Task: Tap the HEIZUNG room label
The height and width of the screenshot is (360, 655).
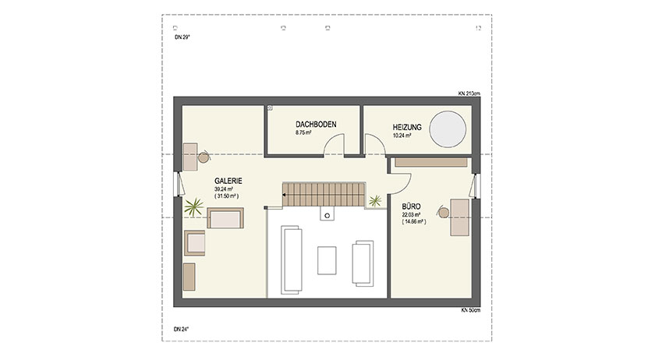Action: tap(407, 126)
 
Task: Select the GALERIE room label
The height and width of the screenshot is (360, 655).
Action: tap(228, 181)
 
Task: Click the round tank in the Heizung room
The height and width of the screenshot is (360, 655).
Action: tap(450, 126)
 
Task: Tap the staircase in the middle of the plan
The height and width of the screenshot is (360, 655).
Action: tap(321, 196)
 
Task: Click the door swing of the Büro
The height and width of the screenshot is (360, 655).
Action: tap(400, 181)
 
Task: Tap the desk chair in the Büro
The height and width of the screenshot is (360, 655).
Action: tap(443, 211)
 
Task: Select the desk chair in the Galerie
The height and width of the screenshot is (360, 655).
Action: tap(204, 157)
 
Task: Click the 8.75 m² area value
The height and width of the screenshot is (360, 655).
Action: tap(303, 133)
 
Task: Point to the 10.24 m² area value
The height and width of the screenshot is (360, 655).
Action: tap(402, 135)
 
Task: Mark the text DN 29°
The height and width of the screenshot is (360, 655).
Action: tap(181, 37)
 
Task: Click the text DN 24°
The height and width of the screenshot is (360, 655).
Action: tap(181, 329)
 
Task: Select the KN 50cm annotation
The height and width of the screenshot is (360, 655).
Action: tap(471, 310)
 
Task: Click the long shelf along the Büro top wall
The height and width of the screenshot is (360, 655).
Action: tap(431, 162)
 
